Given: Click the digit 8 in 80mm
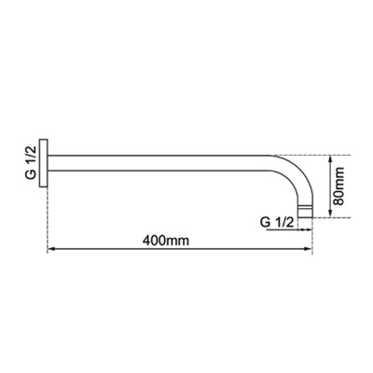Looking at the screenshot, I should coord(340,200).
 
